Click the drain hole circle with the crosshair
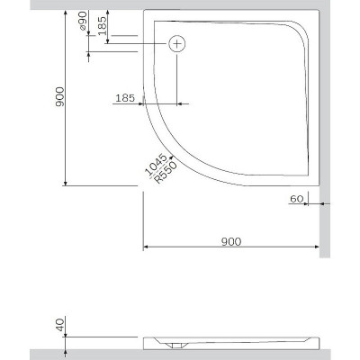click(x=177, y=42)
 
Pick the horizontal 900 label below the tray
click(x=230, y=240)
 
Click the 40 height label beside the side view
click(x=58, y=326)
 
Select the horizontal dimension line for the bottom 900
click(x=230, y=248)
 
